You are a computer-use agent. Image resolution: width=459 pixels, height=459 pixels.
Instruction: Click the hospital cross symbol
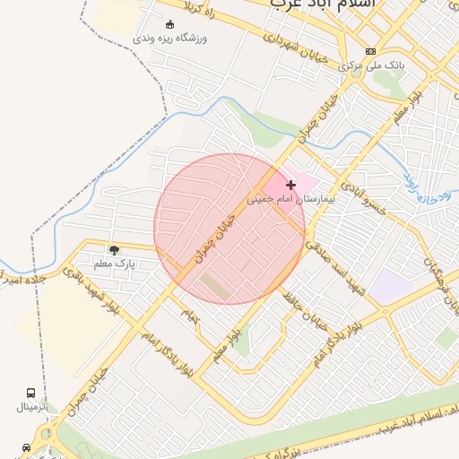click(x=290, y=185)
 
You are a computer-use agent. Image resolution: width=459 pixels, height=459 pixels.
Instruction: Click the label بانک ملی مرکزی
click(x=372, y=66)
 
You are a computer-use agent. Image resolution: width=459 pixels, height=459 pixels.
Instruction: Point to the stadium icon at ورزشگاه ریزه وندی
click(x=170, y=24)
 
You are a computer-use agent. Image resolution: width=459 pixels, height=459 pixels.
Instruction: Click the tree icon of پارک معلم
click(x=114, y=250)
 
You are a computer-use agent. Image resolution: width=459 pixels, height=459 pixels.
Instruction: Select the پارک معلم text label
click(x=114, y=264)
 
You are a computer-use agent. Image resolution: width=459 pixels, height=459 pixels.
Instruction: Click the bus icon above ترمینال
click(x=31, y=394)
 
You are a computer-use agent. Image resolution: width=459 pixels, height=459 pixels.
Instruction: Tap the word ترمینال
click(x=32, y=407)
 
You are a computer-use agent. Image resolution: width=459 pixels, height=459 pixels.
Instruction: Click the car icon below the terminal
click(x=26, y=446)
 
